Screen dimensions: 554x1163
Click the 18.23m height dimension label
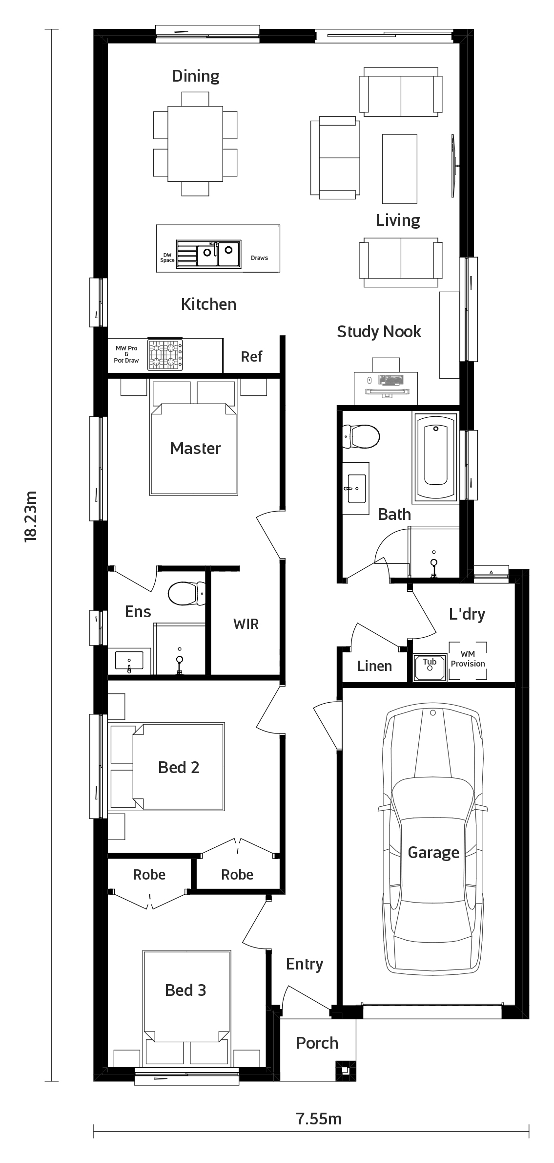coord(30,516)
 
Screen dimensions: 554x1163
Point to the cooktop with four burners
coord(165,354)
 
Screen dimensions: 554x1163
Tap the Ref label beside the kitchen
coord(251,357)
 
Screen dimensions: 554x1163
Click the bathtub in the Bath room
coord(436,455)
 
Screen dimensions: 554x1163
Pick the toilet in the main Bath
coord(361,436)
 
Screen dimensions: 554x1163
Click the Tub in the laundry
coord(430,668)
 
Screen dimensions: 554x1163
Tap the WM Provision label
coord(468,659)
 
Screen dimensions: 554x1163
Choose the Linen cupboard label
coord(374,666)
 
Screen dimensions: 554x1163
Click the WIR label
coord(246,624)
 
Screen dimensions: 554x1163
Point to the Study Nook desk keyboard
coord(391,379)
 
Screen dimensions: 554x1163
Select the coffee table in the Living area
coord(400,169)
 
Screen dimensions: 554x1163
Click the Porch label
coord(317,1043)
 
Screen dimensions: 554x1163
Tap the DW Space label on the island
coord(167,258)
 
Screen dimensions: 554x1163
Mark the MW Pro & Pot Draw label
coord(126,354)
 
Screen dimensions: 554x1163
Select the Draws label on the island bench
coord(259,258)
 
